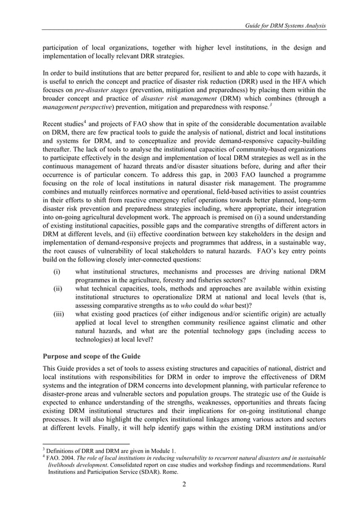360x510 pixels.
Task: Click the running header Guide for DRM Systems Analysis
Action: coord(284,27)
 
